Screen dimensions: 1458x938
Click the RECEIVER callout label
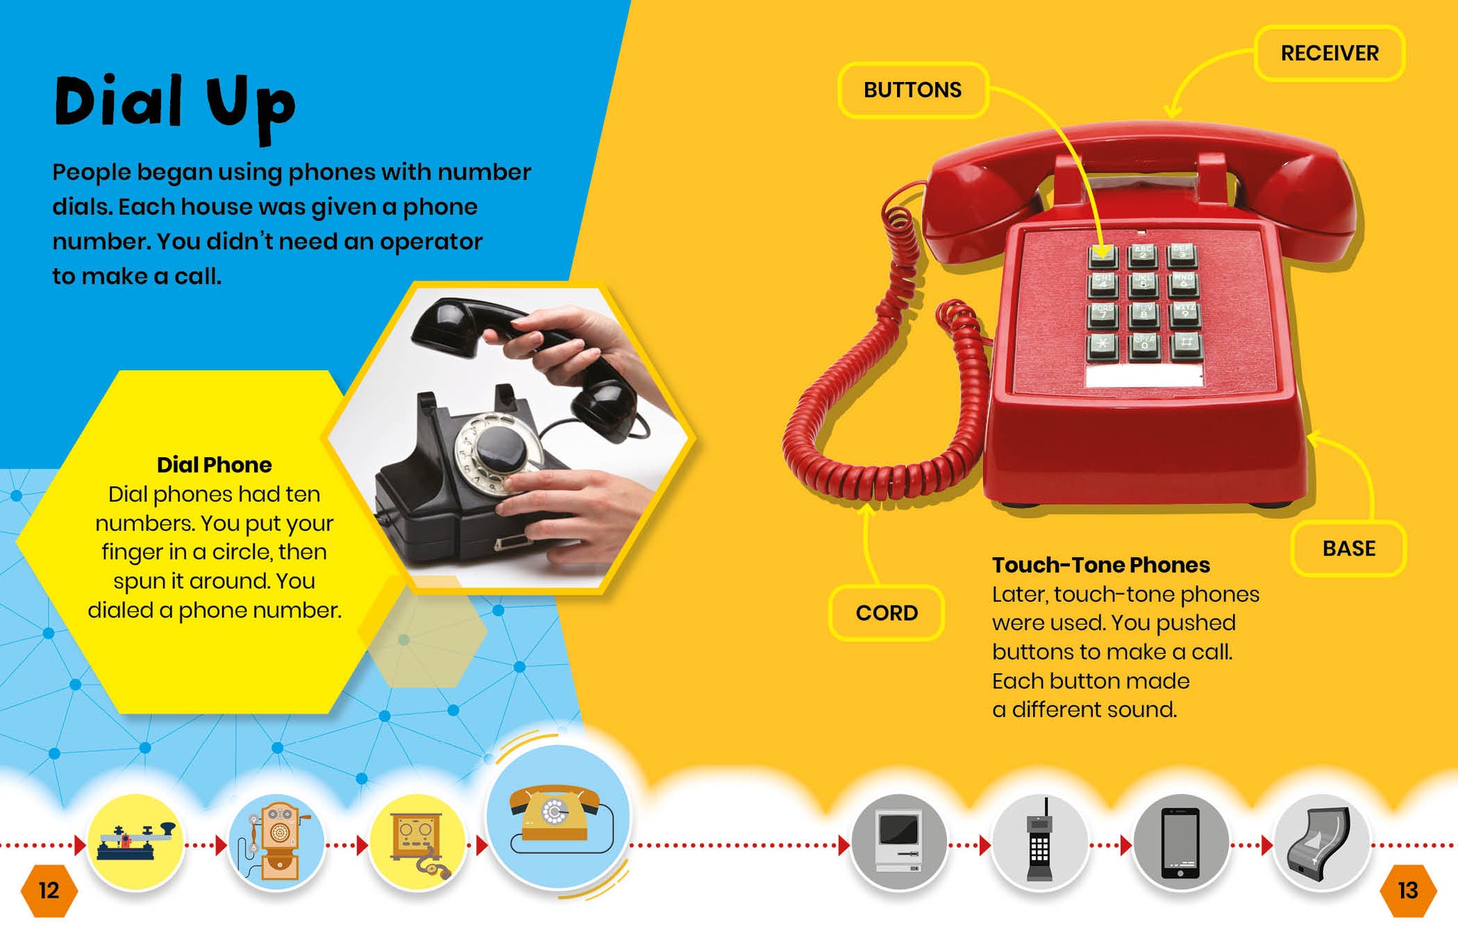[1329, 53]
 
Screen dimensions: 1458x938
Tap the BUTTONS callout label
[913, 90]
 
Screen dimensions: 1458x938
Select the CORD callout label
[886, 613]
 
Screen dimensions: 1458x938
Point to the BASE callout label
[1348, 548]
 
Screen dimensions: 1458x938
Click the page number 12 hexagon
[48, 890]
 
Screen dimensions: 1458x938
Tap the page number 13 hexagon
[1408, 890]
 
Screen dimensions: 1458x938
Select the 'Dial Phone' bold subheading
[214, 465]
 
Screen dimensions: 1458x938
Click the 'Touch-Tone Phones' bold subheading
[1101, 565]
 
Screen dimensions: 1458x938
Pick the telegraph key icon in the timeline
[135, 842]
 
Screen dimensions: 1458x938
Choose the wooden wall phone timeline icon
[276, 842]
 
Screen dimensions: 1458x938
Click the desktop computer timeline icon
[899, 842]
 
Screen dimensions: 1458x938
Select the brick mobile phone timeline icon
[1039, 842]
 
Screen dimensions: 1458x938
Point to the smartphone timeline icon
[1180, 842]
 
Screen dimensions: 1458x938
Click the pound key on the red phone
[1185, 345]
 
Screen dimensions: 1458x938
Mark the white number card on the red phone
[1143, 375]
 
